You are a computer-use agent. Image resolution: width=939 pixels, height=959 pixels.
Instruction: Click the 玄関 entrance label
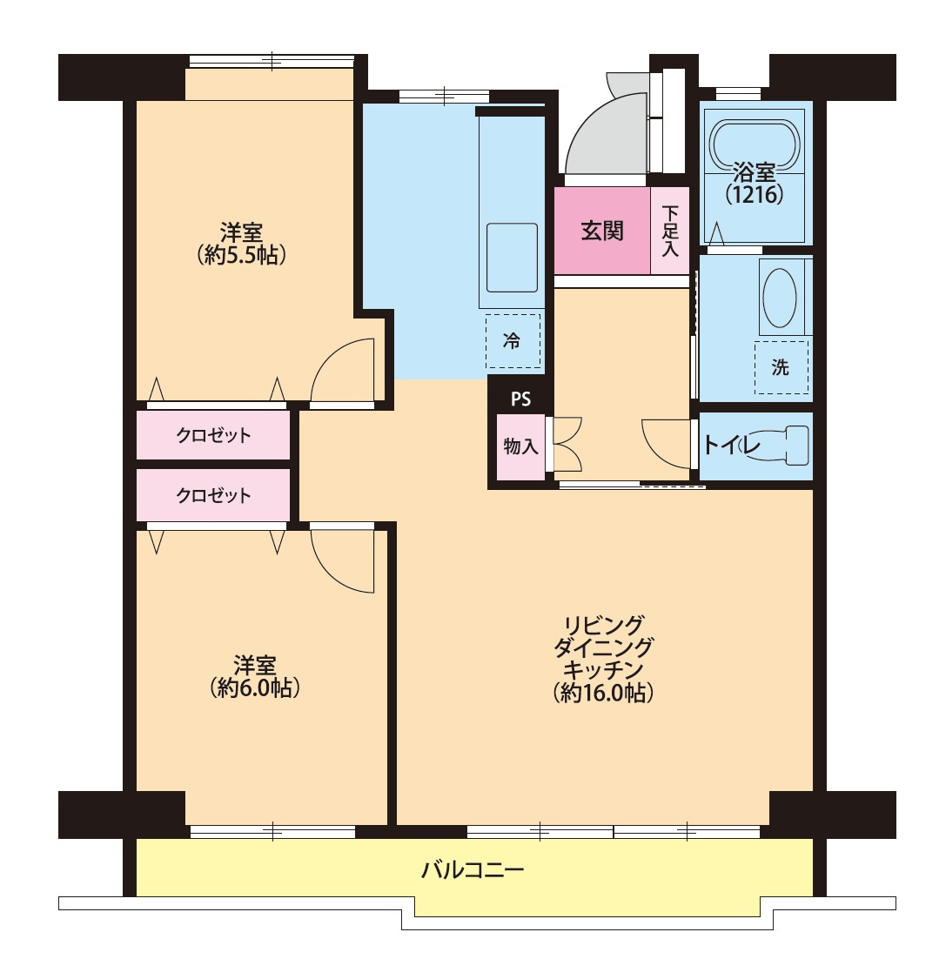[602, 231]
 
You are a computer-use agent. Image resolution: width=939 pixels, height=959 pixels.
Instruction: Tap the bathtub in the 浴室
[754, 144]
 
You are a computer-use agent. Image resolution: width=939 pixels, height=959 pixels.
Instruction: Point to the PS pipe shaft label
[520, 399]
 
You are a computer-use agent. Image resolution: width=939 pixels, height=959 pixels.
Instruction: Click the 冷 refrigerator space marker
[513, 341]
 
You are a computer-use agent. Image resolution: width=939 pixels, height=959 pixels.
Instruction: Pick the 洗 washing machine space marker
[781, 367]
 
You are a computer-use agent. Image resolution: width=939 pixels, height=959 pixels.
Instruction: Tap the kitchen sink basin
[512, 258]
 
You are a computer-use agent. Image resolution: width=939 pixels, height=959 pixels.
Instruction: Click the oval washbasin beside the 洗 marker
[780, 298]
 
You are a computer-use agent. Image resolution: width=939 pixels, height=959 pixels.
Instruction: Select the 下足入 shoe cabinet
[670, 231]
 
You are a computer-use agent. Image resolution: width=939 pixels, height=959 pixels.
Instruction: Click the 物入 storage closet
[520, 446]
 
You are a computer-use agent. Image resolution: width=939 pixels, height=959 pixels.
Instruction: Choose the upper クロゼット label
[213, 435]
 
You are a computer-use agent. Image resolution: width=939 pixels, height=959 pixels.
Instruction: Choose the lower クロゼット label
[213, 495]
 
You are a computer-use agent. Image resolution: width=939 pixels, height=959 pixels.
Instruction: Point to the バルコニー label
[473, 869]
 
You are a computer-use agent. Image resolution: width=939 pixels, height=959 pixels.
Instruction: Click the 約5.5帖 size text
[242, 255]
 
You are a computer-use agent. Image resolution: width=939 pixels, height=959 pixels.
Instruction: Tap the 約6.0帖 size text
[254, 688]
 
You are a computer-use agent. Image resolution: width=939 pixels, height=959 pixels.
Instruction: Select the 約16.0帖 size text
[603, 693]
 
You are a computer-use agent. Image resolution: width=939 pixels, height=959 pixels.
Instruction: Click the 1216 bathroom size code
[755, 194]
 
